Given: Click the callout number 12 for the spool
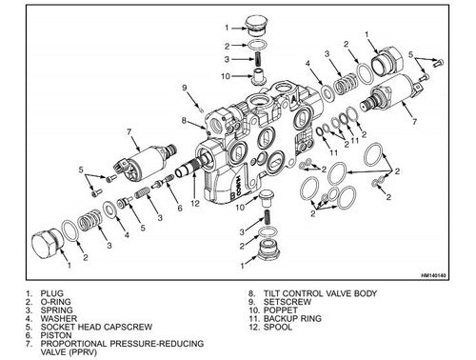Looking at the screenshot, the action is click(x=195, y=203).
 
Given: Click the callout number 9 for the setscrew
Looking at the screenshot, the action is click(x=185, y=87).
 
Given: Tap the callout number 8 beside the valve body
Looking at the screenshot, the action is click(x=184, y=120).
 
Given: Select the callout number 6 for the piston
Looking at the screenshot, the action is click(x=180, y=208).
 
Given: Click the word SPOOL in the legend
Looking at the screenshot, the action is click(x=278, y=327).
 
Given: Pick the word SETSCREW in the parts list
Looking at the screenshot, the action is click(x=288, y=302).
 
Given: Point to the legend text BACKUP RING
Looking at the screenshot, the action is click(x=292, y=318).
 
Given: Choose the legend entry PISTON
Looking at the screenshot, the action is click(x=56, y=335).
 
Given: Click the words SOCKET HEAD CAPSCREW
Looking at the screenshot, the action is click(x=96, y=327).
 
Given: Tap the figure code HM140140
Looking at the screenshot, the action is click(x=433, y=275).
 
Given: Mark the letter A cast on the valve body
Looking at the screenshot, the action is click(x=293, y=99).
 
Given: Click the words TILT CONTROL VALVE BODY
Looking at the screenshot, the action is click(x=320, y=293).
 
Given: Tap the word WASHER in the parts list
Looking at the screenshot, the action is click(x=59, y=318).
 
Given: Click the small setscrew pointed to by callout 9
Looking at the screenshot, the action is click(x=201, y=110).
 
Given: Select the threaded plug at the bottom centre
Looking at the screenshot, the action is click(x=269, y=250).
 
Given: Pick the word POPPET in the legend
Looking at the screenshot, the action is click(x=281, y=310).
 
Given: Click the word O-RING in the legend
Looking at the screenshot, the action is click(x=55, y=302).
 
